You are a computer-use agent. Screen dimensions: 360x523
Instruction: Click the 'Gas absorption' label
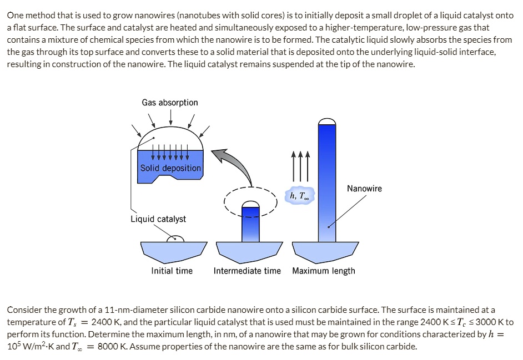point(169,103)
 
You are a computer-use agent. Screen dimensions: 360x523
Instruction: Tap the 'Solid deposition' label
point(170,168)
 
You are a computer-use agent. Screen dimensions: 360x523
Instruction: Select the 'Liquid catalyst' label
point(158,219)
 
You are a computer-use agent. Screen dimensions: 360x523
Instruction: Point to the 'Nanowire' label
point(364,189)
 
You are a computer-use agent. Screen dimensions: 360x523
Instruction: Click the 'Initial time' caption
point(172,271)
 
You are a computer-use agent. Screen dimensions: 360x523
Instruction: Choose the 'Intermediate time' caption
point(248,271)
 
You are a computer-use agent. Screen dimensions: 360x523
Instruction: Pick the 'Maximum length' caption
point(324,271)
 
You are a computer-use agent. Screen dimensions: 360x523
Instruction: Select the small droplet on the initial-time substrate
point(176,238)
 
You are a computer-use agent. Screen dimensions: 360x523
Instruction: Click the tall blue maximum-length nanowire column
point(327,183)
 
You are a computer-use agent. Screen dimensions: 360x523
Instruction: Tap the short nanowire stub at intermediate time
point(250,224)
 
